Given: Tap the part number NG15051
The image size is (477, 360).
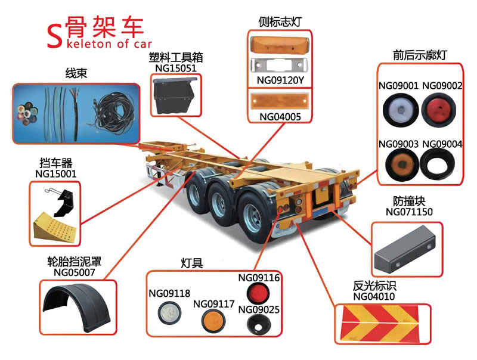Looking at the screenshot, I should pyautogui.click(x=176, y=69).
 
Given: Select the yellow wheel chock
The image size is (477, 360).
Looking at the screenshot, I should pyautogui.click(x=53, y=226).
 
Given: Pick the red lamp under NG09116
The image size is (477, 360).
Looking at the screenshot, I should pyautogui.click(x=259, y=293).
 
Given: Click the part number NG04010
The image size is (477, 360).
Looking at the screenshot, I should pyautogui.click(x=374, y=296).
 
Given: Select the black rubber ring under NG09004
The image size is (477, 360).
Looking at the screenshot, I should pyautogui.click(x=441, y=163).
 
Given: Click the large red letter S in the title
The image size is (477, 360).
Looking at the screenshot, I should pyautogui.click(x=54, y=37).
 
